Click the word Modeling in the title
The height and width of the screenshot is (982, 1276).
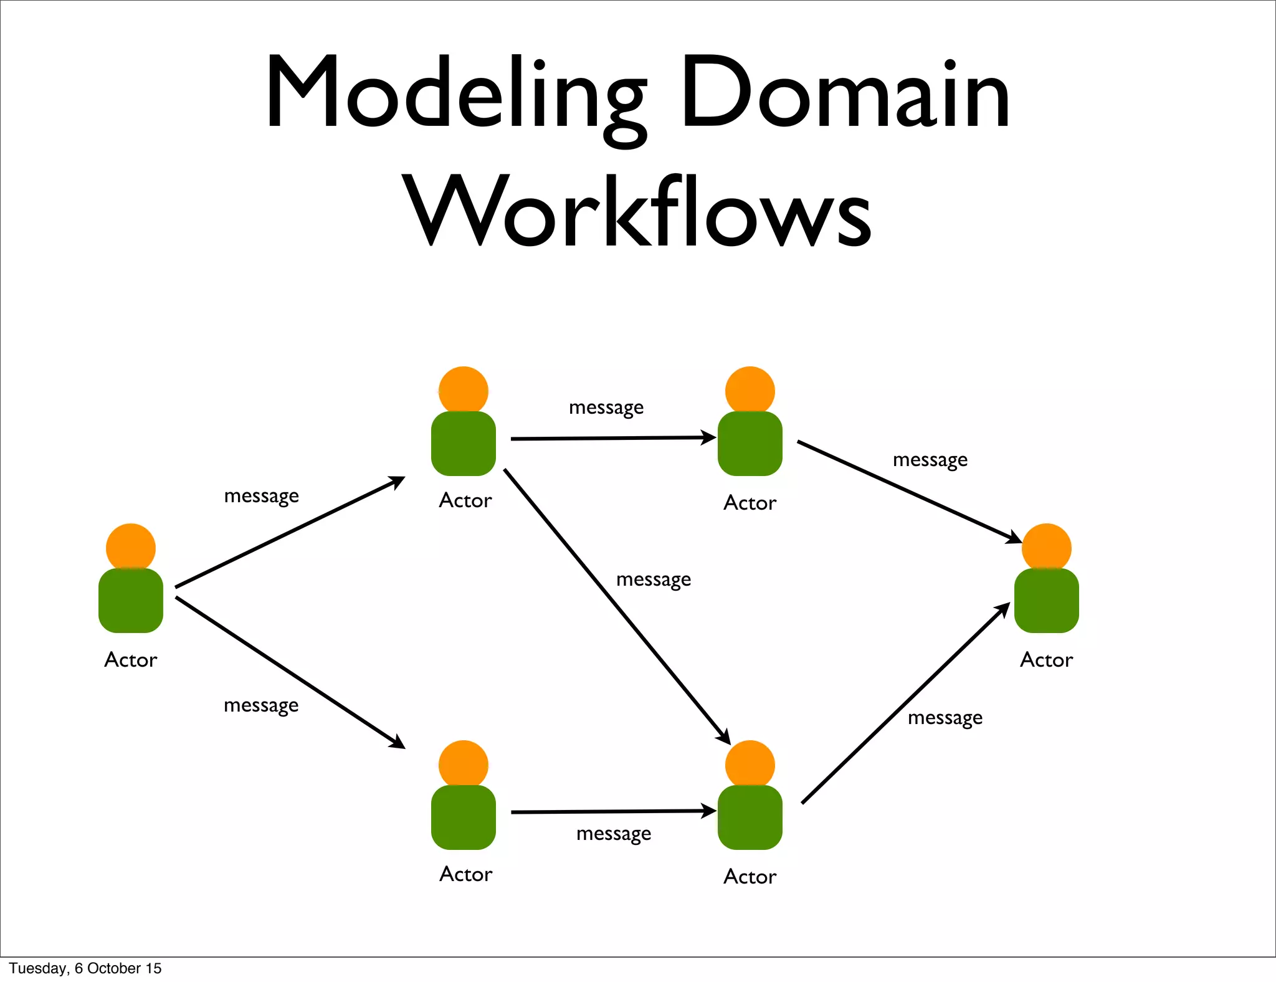[x=455, y=93]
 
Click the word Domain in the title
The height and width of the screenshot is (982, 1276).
[x=844, y=93]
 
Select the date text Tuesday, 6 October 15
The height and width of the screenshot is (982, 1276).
[x=85, y=968]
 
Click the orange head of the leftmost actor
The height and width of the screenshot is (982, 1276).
[x=131, y=546]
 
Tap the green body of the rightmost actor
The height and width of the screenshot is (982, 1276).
[x=1046, y=601]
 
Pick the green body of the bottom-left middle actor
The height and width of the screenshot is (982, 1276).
[x=463, y=818]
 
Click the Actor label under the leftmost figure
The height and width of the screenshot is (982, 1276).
[x=131, y=659]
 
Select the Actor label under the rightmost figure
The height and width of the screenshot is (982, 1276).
[x=1046, y=659]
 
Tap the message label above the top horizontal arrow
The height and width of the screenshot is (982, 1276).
[x=606, y=408]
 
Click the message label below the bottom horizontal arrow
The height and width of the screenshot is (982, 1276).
[x=614, y=834]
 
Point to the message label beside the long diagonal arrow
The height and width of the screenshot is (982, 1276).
[x=654, y=579]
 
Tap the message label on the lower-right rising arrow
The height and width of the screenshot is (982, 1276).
[x=945, y=718]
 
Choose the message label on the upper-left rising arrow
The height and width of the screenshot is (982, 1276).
[x=262, y=496]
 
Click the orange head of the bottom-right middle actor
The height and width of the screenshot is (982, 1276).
[x=750, y=764]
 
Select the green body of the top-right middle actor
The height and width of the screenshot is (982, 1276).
[x=750, y=444]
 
